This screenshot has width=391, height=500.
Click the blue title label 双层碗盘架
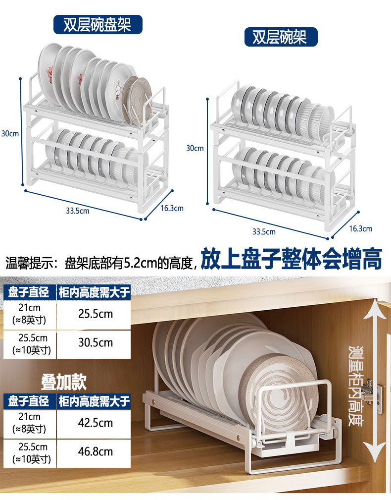[x=98, y=24]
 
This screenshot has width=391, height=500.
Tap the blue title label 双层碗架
[x=280, y=37]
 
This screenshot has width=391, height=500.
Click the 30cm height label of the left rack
[x=9, y=134]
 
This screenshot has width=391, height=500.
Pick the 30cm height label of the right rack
[x=195, y=148]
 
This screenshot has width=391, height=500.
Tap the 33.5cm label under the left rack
[x=77, y=210]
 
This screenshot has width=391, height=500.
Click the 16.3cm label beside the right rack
[x=360, y=228]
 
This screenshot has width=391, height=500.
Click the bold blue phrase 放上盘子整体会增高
[x=292, y=260]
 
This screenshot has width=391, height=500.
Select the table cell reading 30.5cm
[x=95, y=342]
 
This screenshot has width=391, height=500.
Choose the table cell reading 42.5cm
[x=95, y=423]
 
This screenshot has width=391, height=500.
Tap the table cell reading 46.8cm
[x=95, y=451]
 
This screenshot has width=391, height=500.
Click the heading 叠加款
[x=63, y=382]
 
